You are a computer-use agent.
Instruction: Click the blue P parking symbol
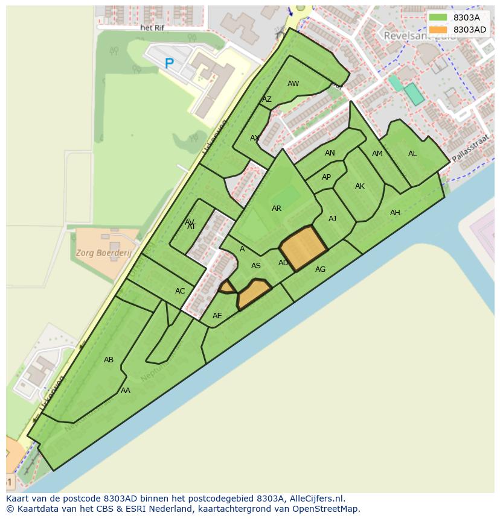[x=169, y=63]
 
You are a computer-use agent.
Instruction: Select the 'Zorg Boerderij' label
[x=103, y=253]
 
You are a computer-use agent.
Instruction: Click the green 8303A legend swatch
[x=438, y=17]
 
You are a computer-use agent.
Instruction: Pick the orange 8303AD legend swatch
[x=438, y=30]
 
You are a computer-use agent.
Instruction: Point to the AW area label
[x=293, y=84]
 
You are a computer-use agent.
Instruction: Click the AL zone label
[x=412, y=154]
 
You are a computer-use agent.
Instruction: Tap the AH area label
[x=395, y=213]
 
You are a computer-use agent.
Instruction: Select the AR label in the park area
[x=277, y=209]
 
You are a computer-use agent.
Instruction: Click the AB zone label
[x=109, y=360]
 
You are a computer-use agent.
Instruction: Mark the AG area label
[x=320, y=269]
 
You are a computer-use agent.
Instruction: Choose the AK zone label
[x=360, y=186]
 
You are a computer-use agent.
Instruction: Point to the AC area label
[x=180, y=291]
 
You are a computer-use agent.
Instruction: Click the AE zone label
[x=217, y=316]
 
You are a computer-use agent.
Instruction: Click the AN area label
[x=330, y=153]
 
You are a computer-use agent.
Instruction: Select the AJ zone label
[x=332, y=219]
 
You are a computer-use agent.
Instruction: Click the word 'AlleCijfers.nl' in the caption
[x=316, y=499]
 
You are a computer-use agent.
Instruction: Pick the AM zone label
[x=377, y=154]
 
